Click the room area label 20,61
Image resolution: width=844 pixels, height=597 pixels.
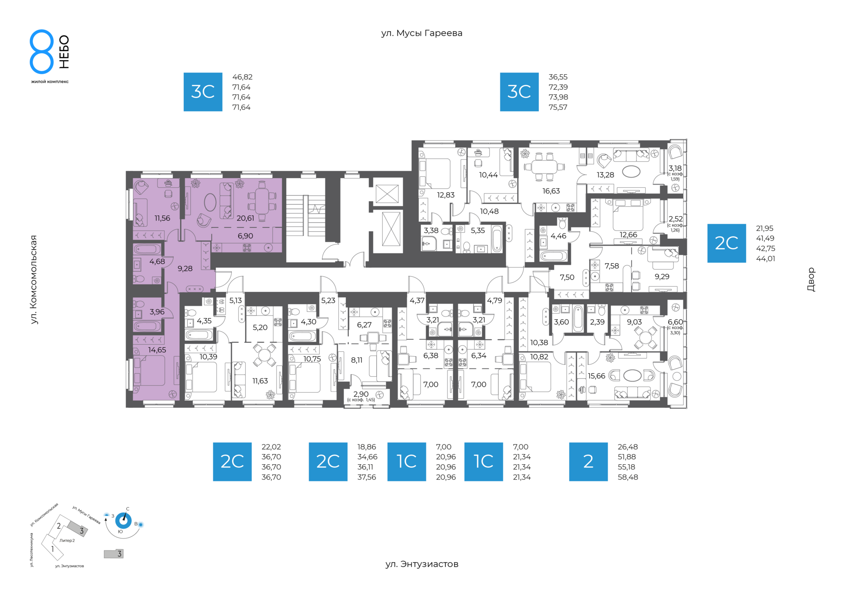pyautogui.click(x=245, y=218)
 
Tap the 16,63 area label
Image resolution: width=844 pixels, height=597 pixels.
pyautogui.click(x=551, y=191)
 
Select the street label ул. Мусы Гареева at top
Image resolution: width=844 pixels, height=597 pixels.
pyautogui.click(x=422, y=33)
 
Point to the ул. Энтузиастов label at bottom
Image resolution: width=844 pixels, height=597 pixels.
pyautogui.click(x=422, y=564)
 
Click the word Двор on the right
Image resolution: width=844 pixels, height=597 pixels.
pyautogui.click(x=811, y=280)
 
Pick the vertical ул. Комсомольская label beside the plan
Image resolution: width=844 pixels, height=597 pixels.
pyautogui.click(x=34, y=280)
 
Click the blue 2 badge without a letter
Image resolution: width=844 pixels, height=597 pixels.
pyautogui.click(x=588, y=462)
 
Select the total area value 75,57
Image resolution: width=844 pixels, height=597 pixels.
pyautogui.click(x=558, y=107)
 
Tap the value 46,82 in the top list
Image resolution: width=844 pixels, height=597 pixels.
pyautogui.click(x=242, y=77)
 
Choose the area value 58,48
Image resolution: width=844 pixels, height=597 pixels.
pyautogui.click(x=628, y=477)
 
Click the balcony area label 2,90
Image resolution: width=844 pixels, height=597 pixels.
pyautogui.click(x=361, y=394)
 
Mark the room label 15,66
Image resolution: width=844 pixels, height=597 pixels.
pyautogui.click(x=597, y=376)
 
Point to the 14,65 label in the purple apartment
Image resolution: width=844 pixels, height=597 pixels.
pyautogui.click(x=157, y=350)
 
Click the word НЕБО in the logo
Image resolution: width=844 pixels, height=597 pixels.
pyautogui.click(x=64, y=52)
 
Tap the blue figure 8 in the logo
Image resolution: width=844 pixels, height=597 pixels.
pyautogui.click(x=42, y=51)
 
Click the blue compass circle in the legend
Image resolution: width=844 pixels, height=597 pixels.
pyautogui.click(x=123, y=521)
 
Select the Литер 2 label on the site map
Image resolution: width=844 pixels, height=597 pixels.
pyautogui.click(x=67, y=540)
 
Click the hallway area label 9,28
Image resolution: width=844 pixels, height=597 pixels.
pyautogui.click(x=185, y=269)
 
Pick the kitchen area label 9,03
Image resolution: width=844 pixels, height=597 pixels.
pyautogui.click(x=634, y=322)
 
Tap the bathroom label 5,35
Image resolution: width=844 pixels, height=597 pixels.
pyautogui.click(x=478, y=230)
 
